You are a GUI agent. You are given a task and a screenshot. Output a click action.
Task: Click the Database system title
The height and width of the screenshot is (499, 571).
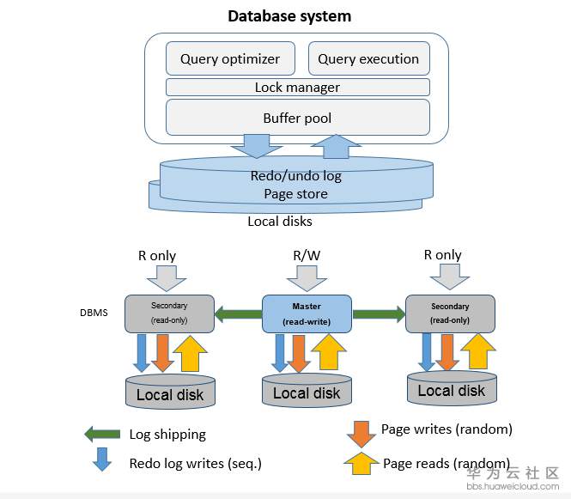point(289,16)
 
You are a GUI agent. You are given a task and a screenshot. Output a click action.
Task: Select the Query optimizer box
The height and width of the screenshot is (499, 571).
point(229,59)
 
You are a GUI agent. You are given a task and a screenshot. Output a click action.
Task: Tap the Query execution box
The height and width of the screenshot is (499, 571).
point(368,59)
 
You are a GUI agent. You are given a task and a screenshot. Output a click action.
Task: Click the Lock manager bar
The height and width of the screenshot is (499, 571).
point(297,88)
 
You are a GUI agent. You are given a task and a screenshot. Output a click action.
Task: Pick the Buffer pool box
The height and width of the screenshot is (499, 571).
point(297,118)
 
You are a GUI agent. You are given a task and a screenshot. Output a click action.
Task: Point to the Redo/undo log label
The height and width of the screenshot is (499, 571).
point(295,176)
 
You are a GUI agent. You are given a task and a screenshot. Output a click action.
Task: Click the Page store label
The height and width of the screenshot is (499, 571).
point(295,194)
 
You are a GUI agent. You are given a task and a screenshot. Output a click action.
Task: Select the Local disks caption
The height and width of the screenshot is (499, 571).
point(280,222)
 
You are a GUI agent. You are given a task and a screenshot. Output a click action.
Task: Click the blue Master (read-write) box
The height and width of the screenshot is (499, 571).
point(307,313)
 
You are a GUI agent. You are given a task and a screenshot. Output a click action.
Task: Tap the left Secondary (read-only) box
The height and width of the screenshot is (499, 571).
point(169,313)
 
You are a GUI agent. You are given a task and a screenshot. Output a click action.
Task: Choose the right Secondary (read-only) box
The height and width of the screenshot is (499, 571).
point(450,313)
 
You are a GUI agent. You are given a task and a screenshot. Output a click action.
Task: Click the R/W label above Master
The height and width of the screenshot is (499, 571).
point(307,255)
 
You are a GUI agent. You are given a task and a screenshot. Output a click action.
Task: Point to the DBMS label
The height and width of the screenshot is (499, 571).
point(94,313)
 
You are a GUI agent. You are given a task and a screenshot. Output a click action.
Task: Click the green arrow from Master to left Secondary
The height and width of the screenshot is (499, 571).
point(238,313)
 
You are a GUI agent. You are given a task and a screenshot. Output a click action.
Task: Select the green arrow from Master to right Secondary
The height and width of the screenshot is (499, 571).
point(378,313)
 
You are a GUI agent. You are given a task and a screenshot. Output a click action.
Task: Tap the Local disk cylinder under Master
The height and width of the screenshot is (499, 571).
point(307,392)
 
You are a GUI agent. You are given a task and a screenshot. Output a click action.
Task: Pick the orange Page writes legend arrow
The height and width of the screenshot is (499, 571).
point(361,432)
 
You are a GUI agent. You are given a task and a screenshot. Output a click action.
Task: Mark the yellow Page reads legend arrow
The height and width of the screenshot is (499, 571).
point(361,464)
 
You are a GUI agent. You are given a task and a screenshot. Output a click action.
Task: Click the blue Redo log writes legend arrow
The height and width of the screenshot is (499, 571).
point(102,459)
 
